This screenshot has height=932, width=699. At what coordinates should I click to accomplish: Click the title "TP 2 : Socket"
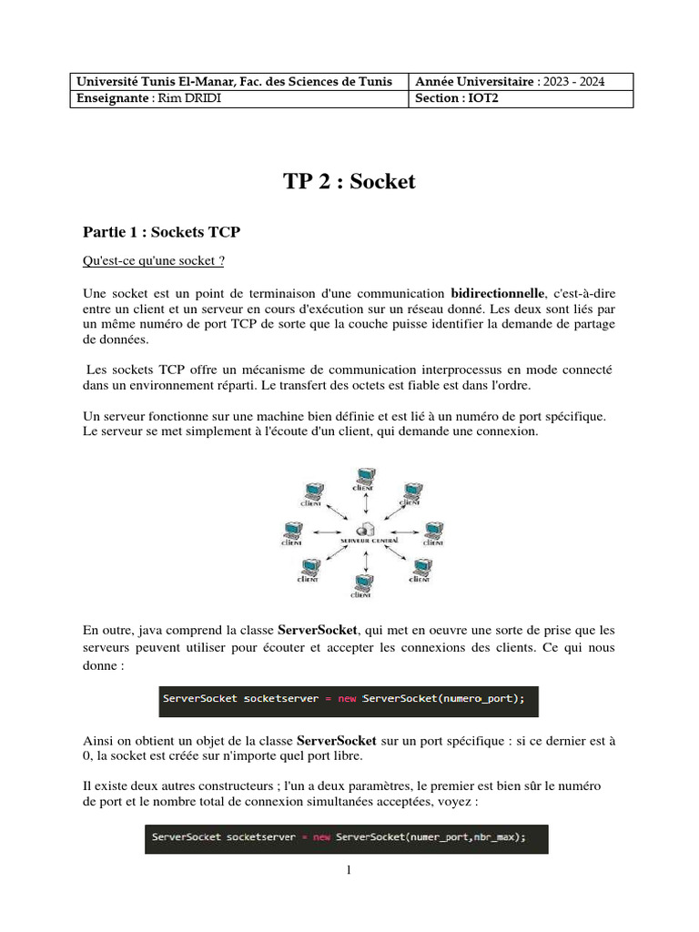click(349, 181)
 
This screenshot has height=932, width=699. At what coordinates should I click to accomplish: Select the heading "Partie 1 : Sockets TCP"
click(161, 232)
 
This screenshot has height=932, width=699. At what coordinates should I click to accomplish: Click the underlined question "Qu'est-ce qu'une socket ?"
click(154, 261)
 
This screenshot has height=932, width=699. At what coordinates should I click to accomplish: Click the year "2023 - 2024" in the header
click(571, 82)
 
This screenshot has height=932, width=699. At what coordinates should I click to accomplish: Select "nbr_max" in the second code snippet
click(496, 836)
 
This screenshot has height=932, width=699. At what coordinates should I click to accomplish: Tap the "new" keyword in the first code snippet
click(347, 699)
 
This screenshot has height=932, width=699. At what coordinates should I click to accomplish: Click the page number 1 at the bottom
click(349, 869)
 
